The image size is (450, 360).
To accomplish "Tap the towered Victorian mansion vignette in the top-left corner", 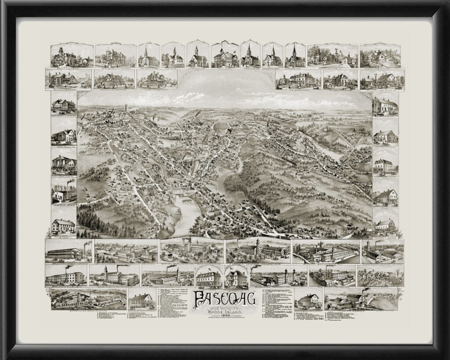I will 69,56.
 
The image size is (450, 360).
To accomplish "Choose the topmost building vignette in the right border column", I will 385,105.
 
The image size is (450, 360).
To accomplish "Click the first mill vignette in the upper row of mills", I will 68,252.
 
